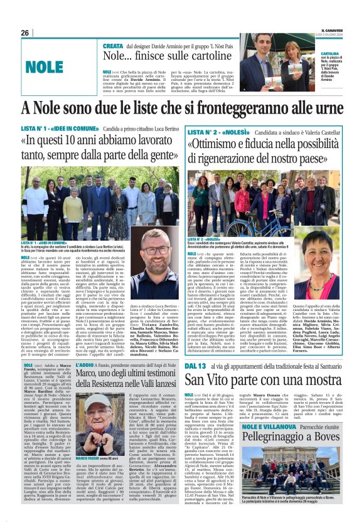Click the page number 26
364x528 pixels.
coord(24,33)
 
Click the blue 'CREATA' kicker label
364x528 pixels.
coord(113,46)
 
